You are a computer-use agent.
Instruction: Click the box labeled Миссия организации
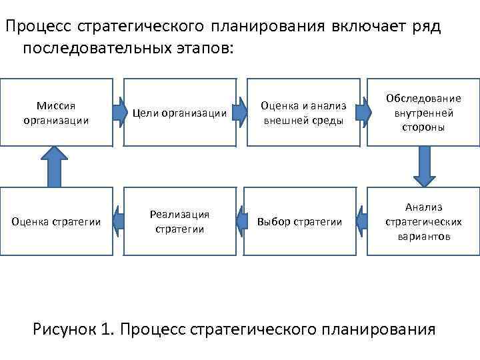coord(56,112)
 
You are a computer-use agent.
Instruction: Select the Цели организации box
coord(180,112)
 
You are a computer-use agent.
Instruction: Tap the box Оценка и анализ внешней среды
coord(303,112)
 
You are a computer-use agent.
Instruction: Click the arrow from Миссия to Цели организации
coord(120,111)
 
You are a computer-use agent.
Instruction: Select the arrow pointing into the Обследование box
coord(363,111)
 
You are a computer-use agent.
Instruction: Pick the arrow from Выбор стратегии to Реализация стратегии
coord(242,219)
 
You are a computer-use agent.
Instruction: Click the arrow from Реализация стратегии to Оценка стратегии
coord(120,219)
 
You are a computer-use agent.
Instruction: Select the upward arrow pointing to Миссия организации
coord(55,167)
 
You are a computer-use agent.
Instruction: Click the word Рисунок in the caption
coord(71,329)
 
